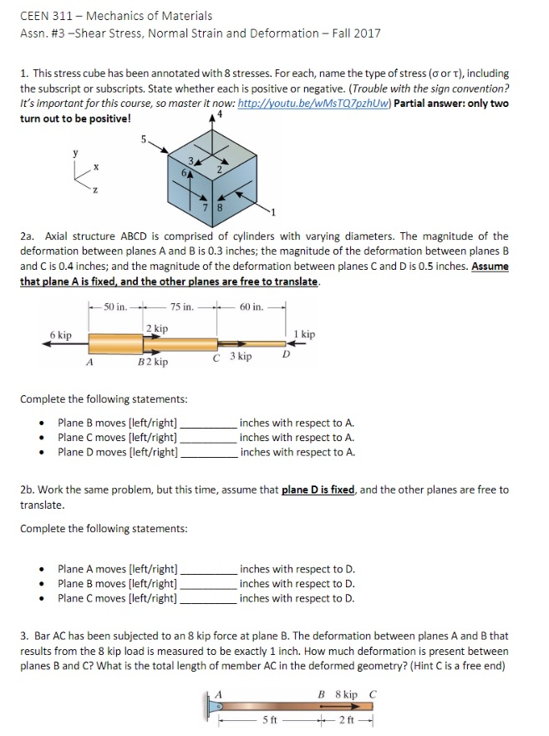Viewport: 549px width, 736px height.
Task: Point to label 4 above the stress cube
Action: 220,113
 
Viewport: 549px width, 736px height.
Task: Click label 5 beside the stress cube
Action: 144,139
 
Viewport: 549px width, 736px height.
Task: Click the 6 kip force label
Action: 60,335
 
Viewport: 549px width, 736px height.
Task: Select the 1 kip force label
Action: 304,334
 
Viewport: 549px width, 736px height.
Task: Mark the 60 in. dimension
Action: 252,307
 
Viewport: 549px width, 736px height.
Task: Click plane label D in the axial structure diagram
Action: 285,355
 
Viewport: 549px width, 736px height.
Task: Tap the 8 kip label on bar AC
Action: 344,694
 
